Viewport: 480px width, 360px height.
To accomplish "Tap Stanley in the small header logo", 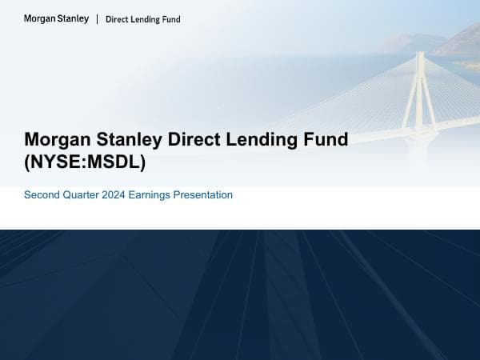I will (74, 18).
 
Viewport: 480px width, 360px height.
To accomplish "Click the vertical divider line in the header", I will (97, 18).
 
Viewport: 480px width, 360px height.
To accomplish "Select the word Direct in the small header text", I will (117, 19).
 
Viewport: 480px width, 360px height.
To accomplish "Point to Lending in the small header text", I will (146, 19).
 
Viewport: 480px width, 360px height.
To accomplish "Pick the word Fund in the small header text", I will (171, 19).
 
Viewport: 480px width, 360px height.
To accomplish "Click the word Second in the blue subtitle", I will (42, 194).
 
